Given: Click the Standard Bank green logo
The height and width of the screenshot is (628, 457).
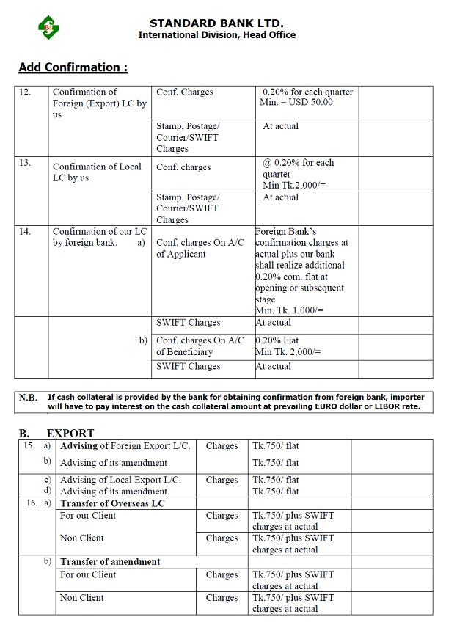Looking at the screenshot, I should [x=48, y=28].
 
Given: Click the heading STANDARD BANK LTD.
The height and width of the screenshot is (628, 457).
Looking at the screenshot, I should [x=216, y=23].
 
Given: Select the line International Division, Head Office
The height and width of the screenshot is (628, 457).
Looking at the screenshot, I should [x=216, y=35].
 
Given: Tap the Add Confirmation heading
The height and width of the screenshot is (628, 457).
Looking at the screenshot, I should [x=73, y=67].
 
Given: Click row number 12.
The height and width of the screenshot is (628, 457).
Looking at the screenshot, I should [x=25, y=92].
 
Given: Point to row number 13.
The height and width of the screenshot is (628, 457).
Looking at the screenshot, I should [x=25, y=163].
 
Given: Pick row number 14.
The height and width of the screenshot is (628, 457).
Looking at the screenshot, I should [x=25, y=231].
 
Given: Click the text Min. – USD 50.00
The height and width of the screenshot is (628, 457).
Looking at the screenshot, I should [x=296, y=103].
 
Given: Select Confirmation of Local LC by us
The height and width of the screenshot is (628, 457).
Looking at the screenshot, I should [x=97, y=172].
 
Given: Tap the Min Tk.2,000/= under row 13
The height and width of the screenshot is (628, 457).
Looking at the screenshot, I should [x=294, y=186].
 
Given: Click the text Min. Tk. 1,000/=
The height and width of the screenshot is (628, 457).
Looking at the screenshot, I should [x=288, y=311].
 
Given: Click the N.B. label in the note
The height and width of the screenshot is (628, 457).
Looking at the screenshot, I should [x=28, y=398].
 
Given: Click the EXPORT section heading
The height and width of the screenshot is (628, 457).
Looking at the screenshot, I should [x=70, y=433].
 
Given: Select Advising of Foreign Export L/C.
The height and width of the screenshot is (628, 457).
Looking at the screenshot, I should [x=125, y=446].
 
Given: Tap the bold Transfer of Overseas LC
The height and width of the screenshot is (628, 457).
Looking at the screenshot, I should [x=112, y=503].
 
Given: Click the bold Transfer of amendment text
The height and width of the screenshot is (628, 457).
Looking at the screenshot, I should [x=110, y=562].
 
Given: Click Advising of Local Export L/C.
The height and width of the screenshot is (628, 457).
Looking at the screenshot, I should [x=120, y=480].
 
